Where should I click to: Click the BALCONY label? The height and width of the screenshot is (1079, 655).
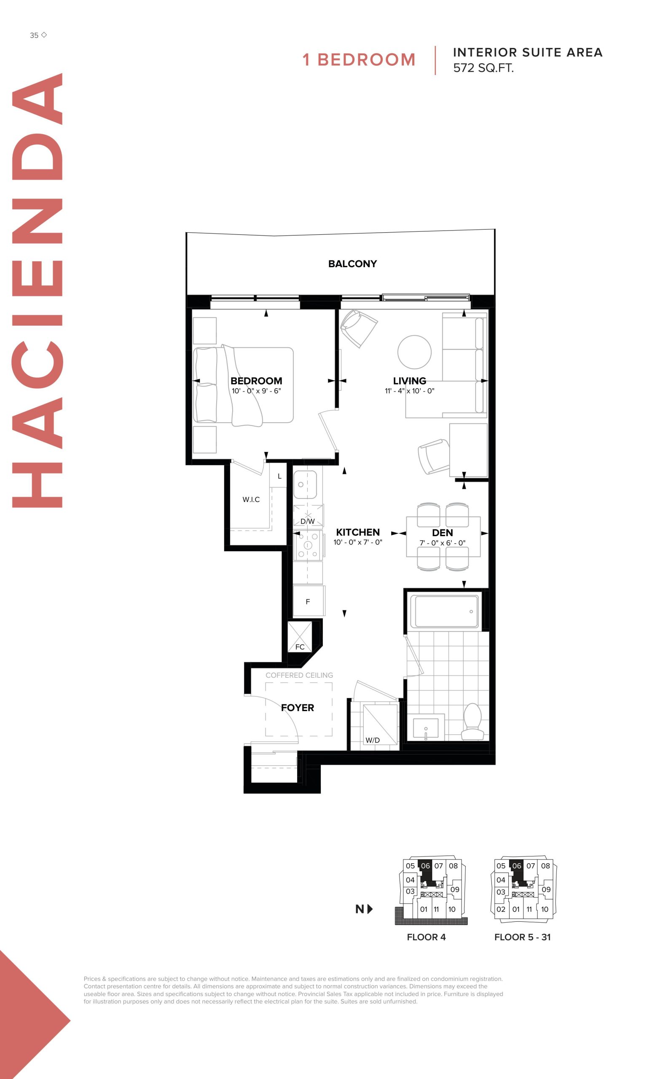(x=352, y=263)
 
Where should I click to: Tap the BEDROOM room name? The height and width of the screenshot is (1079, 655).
(x=256, y=381)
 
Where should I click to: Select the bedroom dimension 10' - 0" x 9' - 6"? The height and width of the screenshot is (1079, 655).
(x=256, y=391)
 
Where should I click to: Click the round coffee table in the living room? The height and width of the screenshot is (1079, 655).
(x=414, y=352)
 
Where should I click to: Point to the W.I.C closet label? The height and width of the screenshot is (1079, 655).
(x=251, y=499)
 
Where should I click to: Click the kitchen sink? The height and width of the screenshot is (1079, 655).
(x=305, y=484)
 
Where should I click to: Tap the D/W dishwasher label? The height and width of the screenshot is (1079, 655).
(x=307, y=521)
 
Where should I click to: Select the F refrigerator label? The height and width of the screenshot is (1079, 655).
(x=308, y=602)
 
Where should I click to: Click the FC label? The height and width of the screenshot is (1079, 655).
(x=300, y=647)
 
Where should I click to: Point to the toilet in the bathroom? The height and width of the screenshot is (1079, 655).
(x=472, y=722)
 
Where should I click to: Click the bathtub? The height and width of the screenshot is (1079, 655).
(x=447, y=611)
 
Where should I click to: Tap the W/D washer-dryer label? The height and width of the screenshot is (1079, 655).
(x=373, y=740)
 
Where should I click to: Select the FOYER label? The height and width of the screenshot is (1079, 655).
(x=297, y=708)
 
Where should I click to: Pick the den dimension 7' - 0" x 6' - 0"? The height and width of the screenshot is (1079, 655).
(x=442, y=543)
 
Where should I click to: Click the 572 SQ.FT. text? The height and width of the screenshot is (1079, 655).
(x=483, y=68)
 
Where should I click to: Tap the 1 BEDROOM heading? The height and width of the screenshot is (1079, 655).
(x=359, y=59)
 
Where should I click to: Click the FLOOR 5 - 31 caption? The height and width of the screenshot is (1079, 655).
(x=522, y=937)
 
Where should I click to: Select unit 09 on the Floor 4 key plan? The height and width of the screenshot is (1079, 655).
(x=455, y=889)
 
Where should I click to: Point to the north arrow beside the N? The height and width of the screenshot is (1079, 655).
(x=370, y=909)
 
